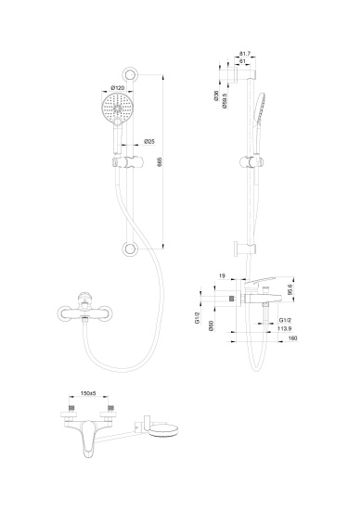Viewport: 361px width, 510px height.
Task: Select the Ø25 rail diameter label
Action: (149, 142)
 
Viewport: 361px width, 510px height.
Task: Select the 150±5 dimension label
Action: (90, 394)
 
